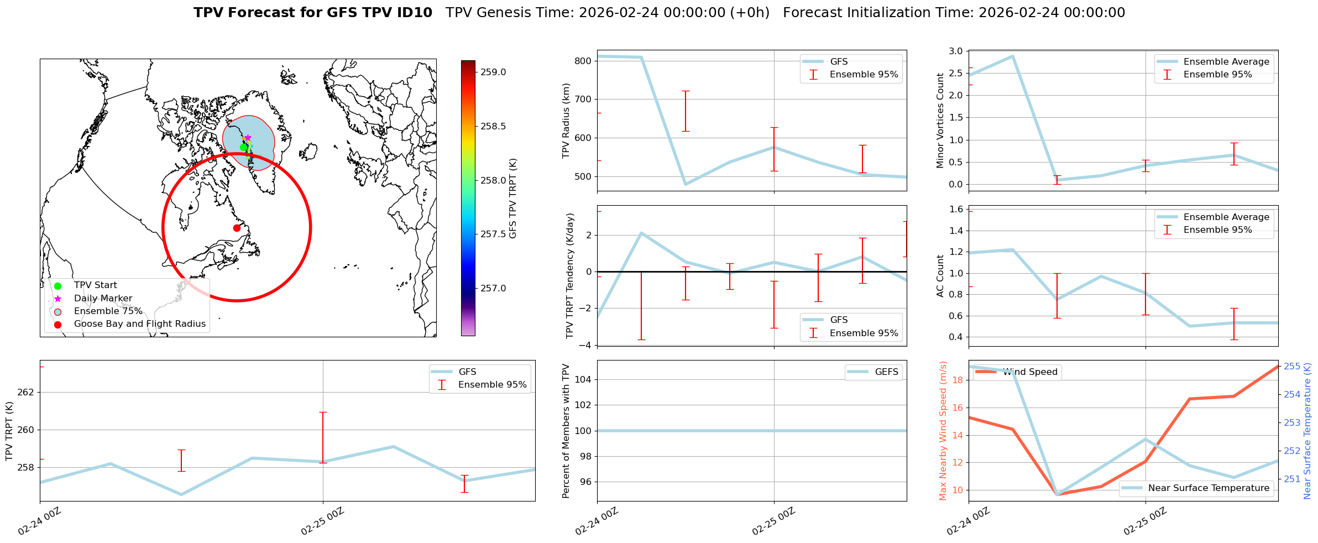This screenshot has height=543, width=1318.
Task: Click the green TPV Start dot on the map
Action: pos(243,147)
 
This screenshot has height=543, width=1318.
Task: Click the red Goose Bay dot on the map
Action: pos(237,228)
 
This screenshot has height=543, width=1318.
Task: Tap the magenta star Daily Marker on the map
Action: pos(248,138)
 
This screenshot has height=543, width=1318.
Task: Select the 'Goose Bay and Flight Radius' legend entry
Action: pos(139,324)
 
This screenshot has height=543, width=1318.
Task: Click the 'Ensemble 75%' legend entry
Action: pos(108,311)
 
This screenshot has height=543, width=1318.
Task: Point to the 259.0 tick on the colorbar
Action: pos(493,72)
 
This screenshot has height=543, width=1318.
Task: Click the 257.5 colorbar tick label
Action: pos(493,234)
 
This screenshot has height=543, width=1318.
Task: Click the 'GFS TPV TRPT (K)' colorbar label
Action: pos(513,199)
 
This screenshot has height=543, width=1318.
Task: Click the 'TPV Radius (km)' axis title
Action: pos(566,121)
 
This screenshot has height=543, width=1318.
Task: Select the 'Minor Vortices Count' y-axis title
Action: pos(940,121)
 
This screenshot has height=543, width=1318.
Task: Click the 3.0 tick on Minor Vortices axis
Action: pos(956,51)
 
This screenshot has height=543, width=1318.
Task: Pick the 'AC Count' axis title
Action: pos(940,276)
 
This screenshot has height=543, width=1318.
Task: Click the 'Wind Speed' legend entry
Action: pos(1030,372)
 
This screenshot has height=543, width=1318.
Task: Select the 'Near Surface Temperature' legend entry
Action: pos(1209,488)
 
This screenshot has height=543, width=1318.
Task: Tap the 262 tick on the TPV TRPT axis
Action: pos(26,393)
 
